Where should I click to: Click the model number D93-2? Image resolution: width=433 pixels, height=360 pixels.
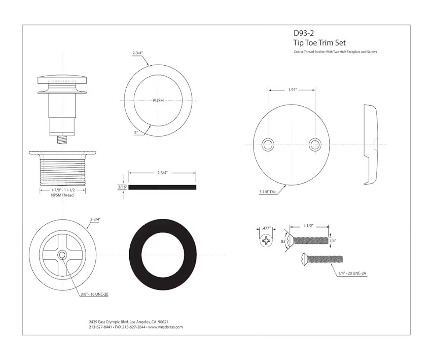[x=303, y=33]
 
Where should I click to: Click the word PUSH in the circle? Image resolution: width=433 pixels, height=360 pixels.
[x=158, y=101]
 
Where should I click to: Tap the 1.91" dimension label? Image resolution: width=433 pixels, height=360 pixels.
[x=292, y=90]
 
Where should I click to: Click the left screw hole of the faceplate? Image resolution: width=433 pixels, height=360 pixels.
[x=268, y=145]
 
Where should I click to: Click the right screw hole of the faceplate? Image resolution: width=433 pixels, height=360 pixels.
[x=315, y=145]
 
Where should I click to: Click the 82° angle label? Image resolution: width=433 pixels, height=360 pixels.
[x=283, y=241]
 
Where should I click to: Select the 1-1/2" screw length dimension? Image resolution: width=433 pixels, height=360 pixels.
[x=309, y=226]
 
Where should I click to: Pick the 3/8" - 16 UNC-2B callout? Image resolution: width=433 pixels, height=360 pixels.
[x=94, y=294]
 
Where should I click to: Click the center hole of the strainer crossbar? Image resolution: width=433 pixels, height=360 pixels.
[x=62, y=255]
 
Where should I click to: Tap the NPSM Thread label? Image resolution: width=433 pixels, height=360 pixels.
[x=63, y=195]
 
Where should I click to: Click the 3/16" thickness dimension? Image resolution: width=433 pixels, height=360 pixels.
[x=122, y=187]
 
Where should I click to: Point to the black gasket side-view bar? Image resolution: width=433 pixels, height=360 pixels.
[x=162, y=187]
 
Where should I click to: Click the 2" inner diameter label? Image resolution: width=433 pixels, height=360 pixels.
[x=136, y=133]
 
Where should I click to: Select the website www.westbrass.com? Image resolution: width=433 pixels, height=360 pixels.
[x=166, y=327]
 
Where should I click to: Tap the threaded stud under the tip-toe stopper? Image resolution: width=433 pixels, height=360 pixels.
[x=62, y=139]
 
